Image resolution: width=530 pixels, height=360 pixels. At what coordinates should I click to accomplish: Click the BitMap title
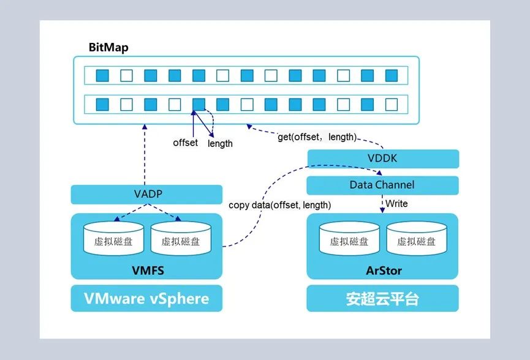coord(108,48)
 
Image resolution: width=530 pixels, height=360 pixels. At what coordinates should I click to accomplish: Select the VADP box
coord(146,195)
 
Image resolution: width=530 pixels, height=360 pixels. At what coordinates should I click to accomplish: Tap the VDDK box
coord(382,159)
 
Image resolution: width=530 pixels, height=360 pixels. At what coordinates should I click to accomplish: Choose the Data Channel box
coord(382,185)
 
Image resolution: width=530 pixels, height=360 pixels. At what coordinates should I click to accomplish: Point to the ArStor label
coord(382,270)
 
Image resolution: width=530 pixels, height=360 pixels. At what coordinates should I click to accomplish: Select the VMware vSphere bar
coord(146,299)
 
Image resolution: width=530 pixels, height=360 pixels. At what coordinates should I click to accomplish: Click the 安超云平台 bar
coord(382,299)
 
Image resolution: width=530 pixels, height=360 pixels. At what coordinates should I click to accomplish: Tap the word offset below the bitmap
coord(185,143)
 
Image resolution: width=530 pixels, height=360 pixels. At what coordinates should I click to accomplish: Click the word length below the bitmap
coord(220,143)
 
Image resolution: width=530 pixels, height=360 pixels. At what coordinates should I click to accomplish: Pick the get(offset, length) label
coord(317,137)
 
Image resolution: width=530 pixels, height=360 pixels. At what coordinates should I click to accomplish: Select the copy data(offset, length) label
coord(279,205)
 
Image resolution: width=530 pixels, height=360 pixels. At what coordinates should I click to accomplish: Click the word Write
coord(396,203)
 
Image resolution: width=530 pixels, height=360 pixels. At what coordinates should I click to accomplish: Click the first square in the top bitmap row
coord(102,75)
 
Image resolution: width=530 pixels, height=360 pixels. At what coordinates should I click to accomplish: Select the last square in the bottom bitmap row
coord(392,104)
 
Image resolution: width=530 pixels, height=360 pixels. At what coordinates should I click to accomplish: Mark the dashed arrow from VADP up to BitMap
coord(145,153)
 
